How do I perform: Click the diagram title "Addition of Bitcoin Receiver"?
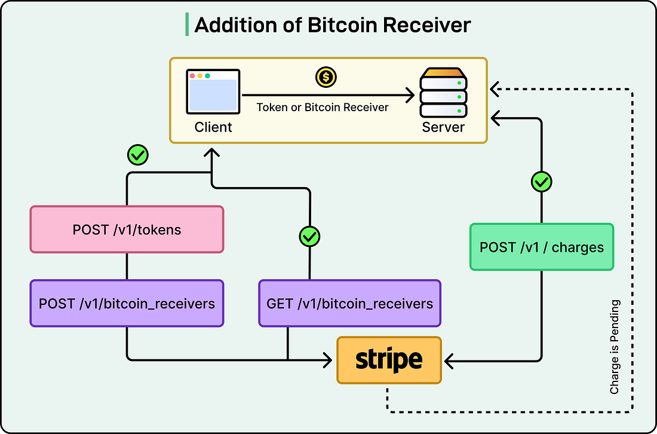click(x=332, y=25)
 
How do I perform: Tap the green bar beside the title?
click(x=187, y=25)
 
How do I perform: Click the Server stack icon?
click(x=443, y=93)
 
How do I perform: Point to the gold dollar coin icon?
click(x=326, y=77)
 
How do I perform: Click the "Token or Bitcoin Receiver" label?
click(x=323, y=108)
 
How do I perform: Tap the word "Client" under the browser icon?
click(x=213, y=127)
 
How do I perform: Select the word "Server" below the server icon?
click(x=443, y=127)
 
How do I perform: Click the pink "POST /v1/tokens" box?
click(x=127, y=230)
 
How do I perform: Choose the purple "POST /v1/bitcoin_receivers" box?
click(x=127, y=303)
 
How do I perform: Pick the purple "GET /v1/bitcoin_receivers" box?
click(x=349, y=303)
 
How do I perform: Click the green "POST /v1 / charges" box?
click(x=541, y=247)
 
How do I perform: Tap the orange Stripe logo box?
click(x=389, y=360)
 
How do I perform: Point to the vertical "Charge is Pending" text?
click(x=615, y=347)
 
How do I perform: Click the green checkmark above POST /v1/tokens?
click(x=138, y=156)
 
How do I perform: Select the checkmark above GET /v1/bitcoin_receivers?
click(x=309, y=236)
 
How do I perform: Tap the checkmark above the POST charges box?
click(x=541, y=182)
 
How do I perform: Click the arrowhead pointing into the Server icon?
click(x=410, y=95)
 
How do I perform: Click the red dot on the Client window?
click(x=192, y=76)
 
